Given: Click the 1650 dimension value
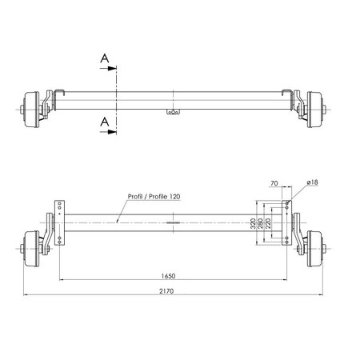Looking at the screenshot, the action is pos(168,276).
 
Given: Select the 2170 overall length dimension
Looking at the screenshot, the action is pos(166,291).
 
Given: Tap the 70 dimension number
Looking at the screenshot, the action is pos(274,183).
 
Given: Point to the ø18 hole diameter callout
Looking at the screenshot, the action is pos(313,182).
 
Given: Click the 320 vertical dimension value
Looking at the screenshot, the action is pos(253,223).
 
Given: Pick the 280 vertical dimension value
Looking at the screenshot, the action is pos(261,223).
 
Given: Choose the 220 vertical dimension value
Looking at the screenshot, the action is pos(268,223).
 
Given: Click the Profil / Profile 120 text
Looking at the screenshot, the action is pos(154,197).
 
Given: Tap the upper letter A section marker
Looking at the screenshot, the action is pos(105,58).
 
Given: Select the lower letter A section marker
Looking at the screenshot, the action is pos(105,122).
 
